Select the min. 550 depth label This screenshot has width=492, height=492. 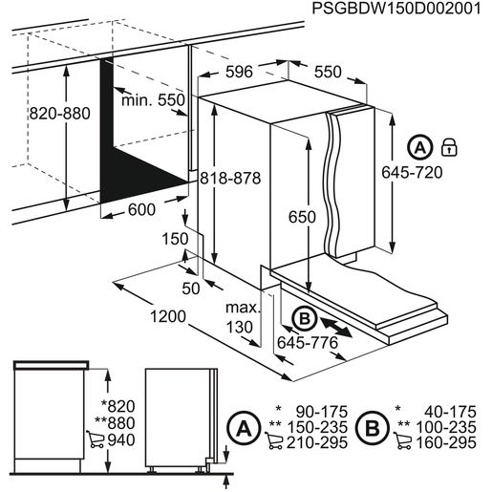pos(154,100)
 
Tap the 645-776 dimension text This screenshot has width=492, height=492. pos(309,341)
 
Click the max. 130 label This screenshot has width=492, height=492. pos(243,318)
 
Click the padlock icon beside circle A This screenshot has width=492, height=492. pos(447,147)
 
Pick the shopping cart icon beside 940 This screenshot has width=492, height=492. pos(94,439)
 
